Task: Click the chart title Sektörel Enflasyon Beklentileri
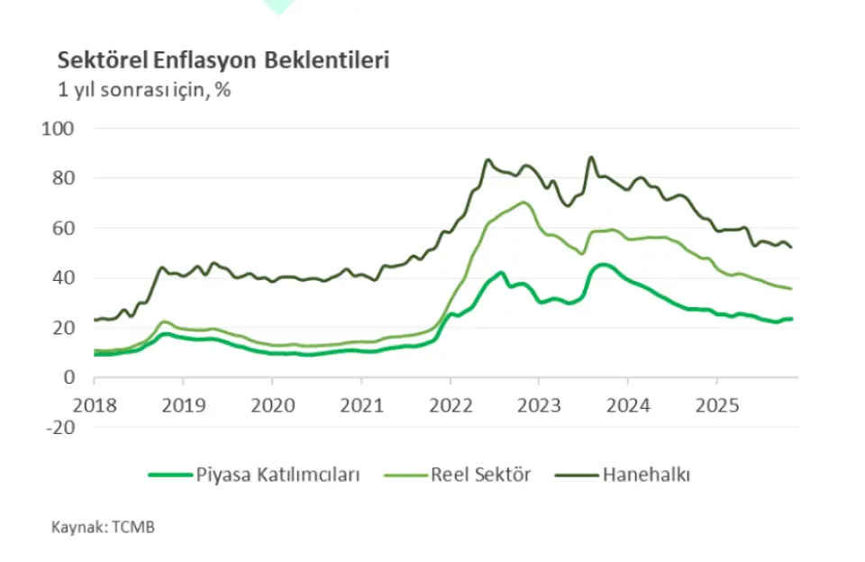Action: [223, 60]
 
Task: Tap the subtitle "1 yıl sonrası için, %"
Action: [143, 91]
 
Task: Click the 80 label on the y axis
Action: [62, 178]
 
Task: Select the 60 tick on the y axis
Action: [62, 229]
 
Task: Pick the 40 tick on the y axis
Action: [62, 278]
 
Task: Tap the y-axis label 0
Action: [68, 377]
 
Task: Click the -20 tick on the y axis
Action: [59, 427]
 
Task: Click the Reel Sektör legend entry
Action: [480, 475]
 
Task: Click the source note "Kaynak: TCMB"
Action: [102, 527]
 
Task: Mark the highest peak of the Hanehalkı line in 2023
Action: [591, 158]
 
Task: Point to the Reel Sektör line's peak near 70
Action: [524, 202]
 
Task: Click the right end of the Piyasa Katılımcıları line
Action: [791, 319]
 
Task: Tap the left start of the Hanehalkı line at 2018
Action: [95, 320]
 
